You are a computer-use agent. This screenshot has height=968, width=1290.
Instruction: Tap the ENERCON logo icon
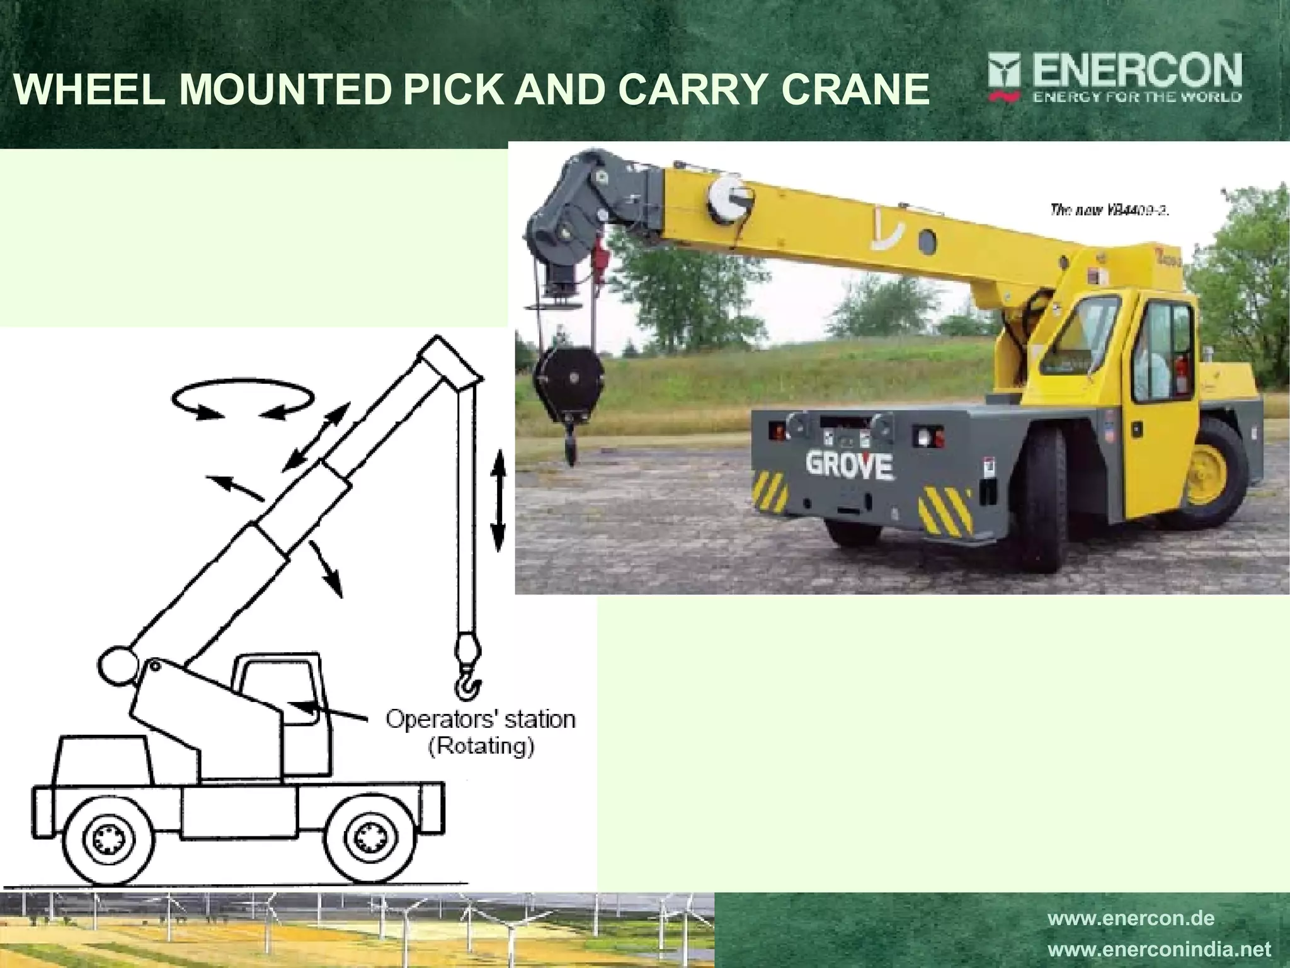1003,77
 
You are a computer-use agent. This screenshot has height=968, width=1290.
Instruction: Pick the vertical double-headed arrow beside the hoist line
498,500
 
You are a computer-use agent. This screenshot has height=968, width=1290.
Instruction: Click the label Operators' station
480,719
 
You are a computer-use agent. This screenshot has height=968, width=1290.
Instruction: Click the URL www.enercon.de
1131,918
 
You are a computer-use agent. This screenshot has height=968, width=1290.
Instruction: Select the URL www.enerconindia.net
1159,948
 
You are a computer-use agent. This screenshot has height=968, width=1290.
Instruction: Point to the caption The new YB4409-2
1109,210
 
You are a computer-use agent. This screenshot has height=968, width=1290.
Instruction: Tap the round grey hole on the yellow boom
927,242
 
